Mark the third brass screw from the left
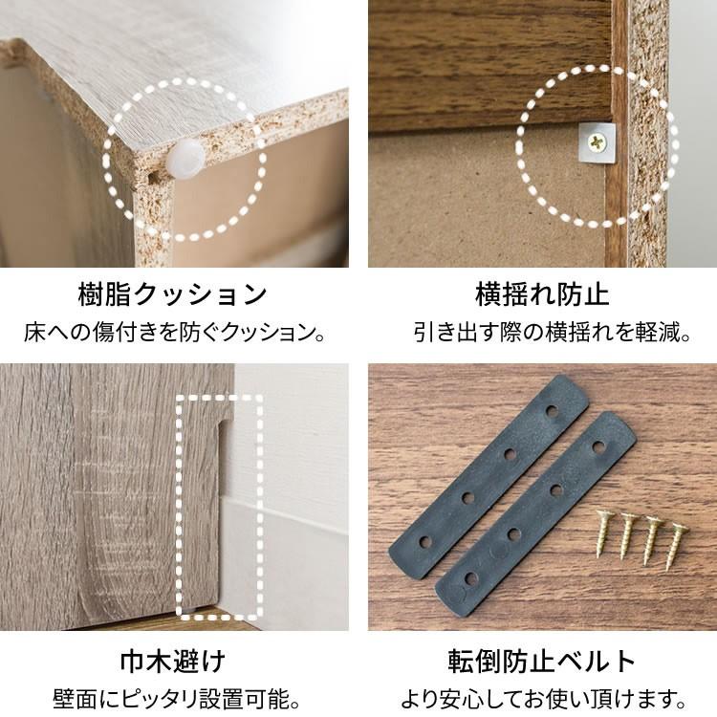655,533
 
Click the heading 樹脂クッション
172,293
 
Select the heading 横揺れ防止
542,293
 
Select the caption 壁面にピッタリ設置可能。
173,699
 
